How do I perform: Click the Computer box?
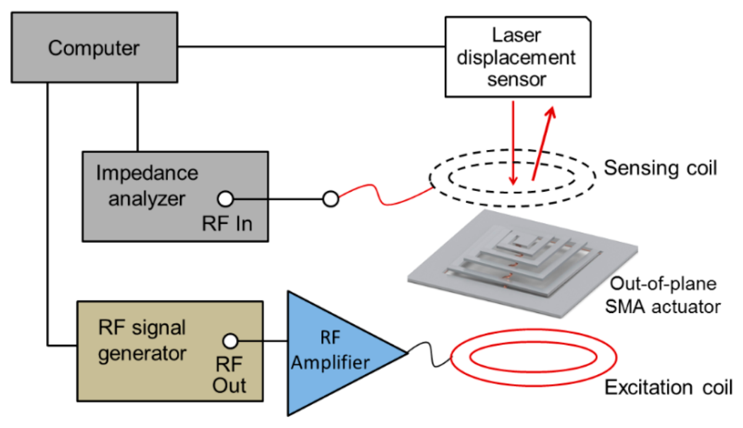[94, 48]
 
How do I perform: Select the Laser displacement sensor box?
[517, 57]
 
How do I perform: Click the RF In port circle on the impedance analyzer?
[225, 199]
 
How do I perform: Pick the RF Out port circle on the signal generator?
[230, 341]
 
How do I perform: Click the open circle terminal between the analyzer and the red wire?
[330, 199]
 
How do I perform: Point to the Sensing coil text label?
[660, 168]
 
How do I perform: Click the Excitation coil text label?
[668, 387]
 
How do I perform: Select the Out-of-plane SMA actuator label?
[662, 295]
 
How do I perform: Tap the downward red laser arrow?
[514, 142]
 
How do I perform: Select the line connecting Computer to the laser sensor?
[311, 46]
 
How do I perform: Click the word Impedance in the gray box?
[147, 173]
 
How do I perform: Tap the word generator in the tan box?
[142, 353]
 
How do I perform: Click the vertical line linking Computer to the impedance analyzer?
[138, 117]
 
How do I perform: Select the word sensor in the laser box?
[516, 80]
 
